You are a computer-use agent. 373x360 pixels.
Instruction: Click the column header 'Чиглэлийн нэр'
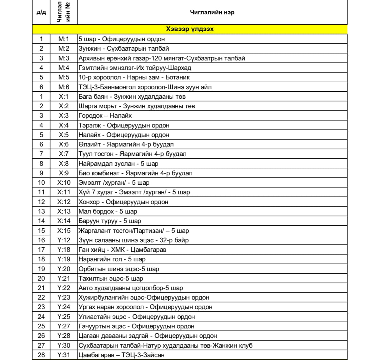click(x=212, y=12)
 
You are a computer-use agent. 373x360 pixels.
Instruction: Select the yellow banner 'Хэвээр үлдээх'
click(x=190, y=29)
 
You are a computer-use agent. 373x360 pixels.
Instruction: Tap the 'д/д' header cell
click(x=41, y=12)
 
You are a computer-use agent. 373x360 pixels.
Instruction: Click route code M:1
click(x=64, y=39)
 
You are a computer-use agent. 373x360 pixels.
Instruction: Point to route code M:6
click(x=64, y=87)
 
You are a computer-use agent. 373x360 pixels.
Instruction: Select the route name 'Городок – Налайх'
click(x=105, y=116)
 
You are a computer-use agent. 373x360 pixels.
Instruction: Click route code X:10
click(x=64, y=183)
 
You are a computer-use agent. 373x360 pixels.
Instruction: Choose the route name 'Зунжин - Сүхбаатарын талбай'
click(x=124, y=49)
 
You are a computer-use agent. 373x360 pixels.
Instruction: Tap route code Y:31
click(x=64, y=355)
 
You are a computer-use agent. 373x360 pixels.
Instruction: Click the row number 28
click(x=41, y=355)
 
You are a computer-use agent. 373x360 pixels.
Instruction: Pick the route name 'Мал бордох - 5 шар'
click(x=108, y=211)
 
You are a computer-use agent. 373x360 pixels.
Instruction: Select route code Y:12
click(x=64, y=240)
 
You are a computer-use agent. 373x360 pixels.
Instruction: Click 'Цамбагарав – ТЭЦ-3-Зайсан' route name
click(x=121, y=355)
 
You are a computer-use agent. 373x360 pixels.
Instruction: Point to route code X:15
click(x=64, y=231)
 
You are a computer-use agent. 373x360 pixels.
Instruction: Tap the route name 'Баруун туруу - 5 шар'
click(x=110, y=221)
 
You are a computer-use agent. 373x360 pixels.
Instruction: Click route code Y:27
click(x=64, y=326)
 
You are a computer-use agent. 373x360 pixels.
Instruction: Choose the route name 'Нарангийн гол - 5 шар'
click(x=112, y=259)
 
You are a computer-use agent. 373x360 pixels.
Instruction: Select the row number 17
click(x=41, y=250)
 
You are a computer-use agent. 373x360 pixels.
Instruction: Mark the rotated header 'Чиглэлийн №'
click(x=64, y=12)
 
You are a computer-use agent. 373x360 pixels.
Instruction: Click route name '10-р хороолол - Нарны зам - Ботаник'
click(x=134, y=78)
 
